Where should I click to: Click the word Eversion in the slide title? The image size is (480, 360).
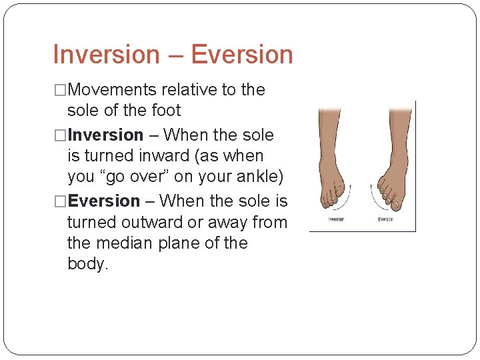pos(242,55)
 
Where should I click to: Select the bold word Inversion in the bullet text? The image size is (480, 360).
pos(106,135)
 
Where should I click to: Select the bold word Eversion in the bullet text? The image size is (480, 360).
pos(104,201)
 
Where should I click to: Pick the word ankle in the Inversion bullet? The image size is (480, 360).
pos(258,177)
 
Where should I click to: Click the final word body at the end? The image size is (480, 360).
pos(87,264)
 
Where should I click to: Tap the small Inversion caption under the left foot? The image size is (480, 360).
pos(336,219)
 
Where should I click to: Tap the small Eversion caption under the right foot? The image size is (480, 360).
pos(385,219)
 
